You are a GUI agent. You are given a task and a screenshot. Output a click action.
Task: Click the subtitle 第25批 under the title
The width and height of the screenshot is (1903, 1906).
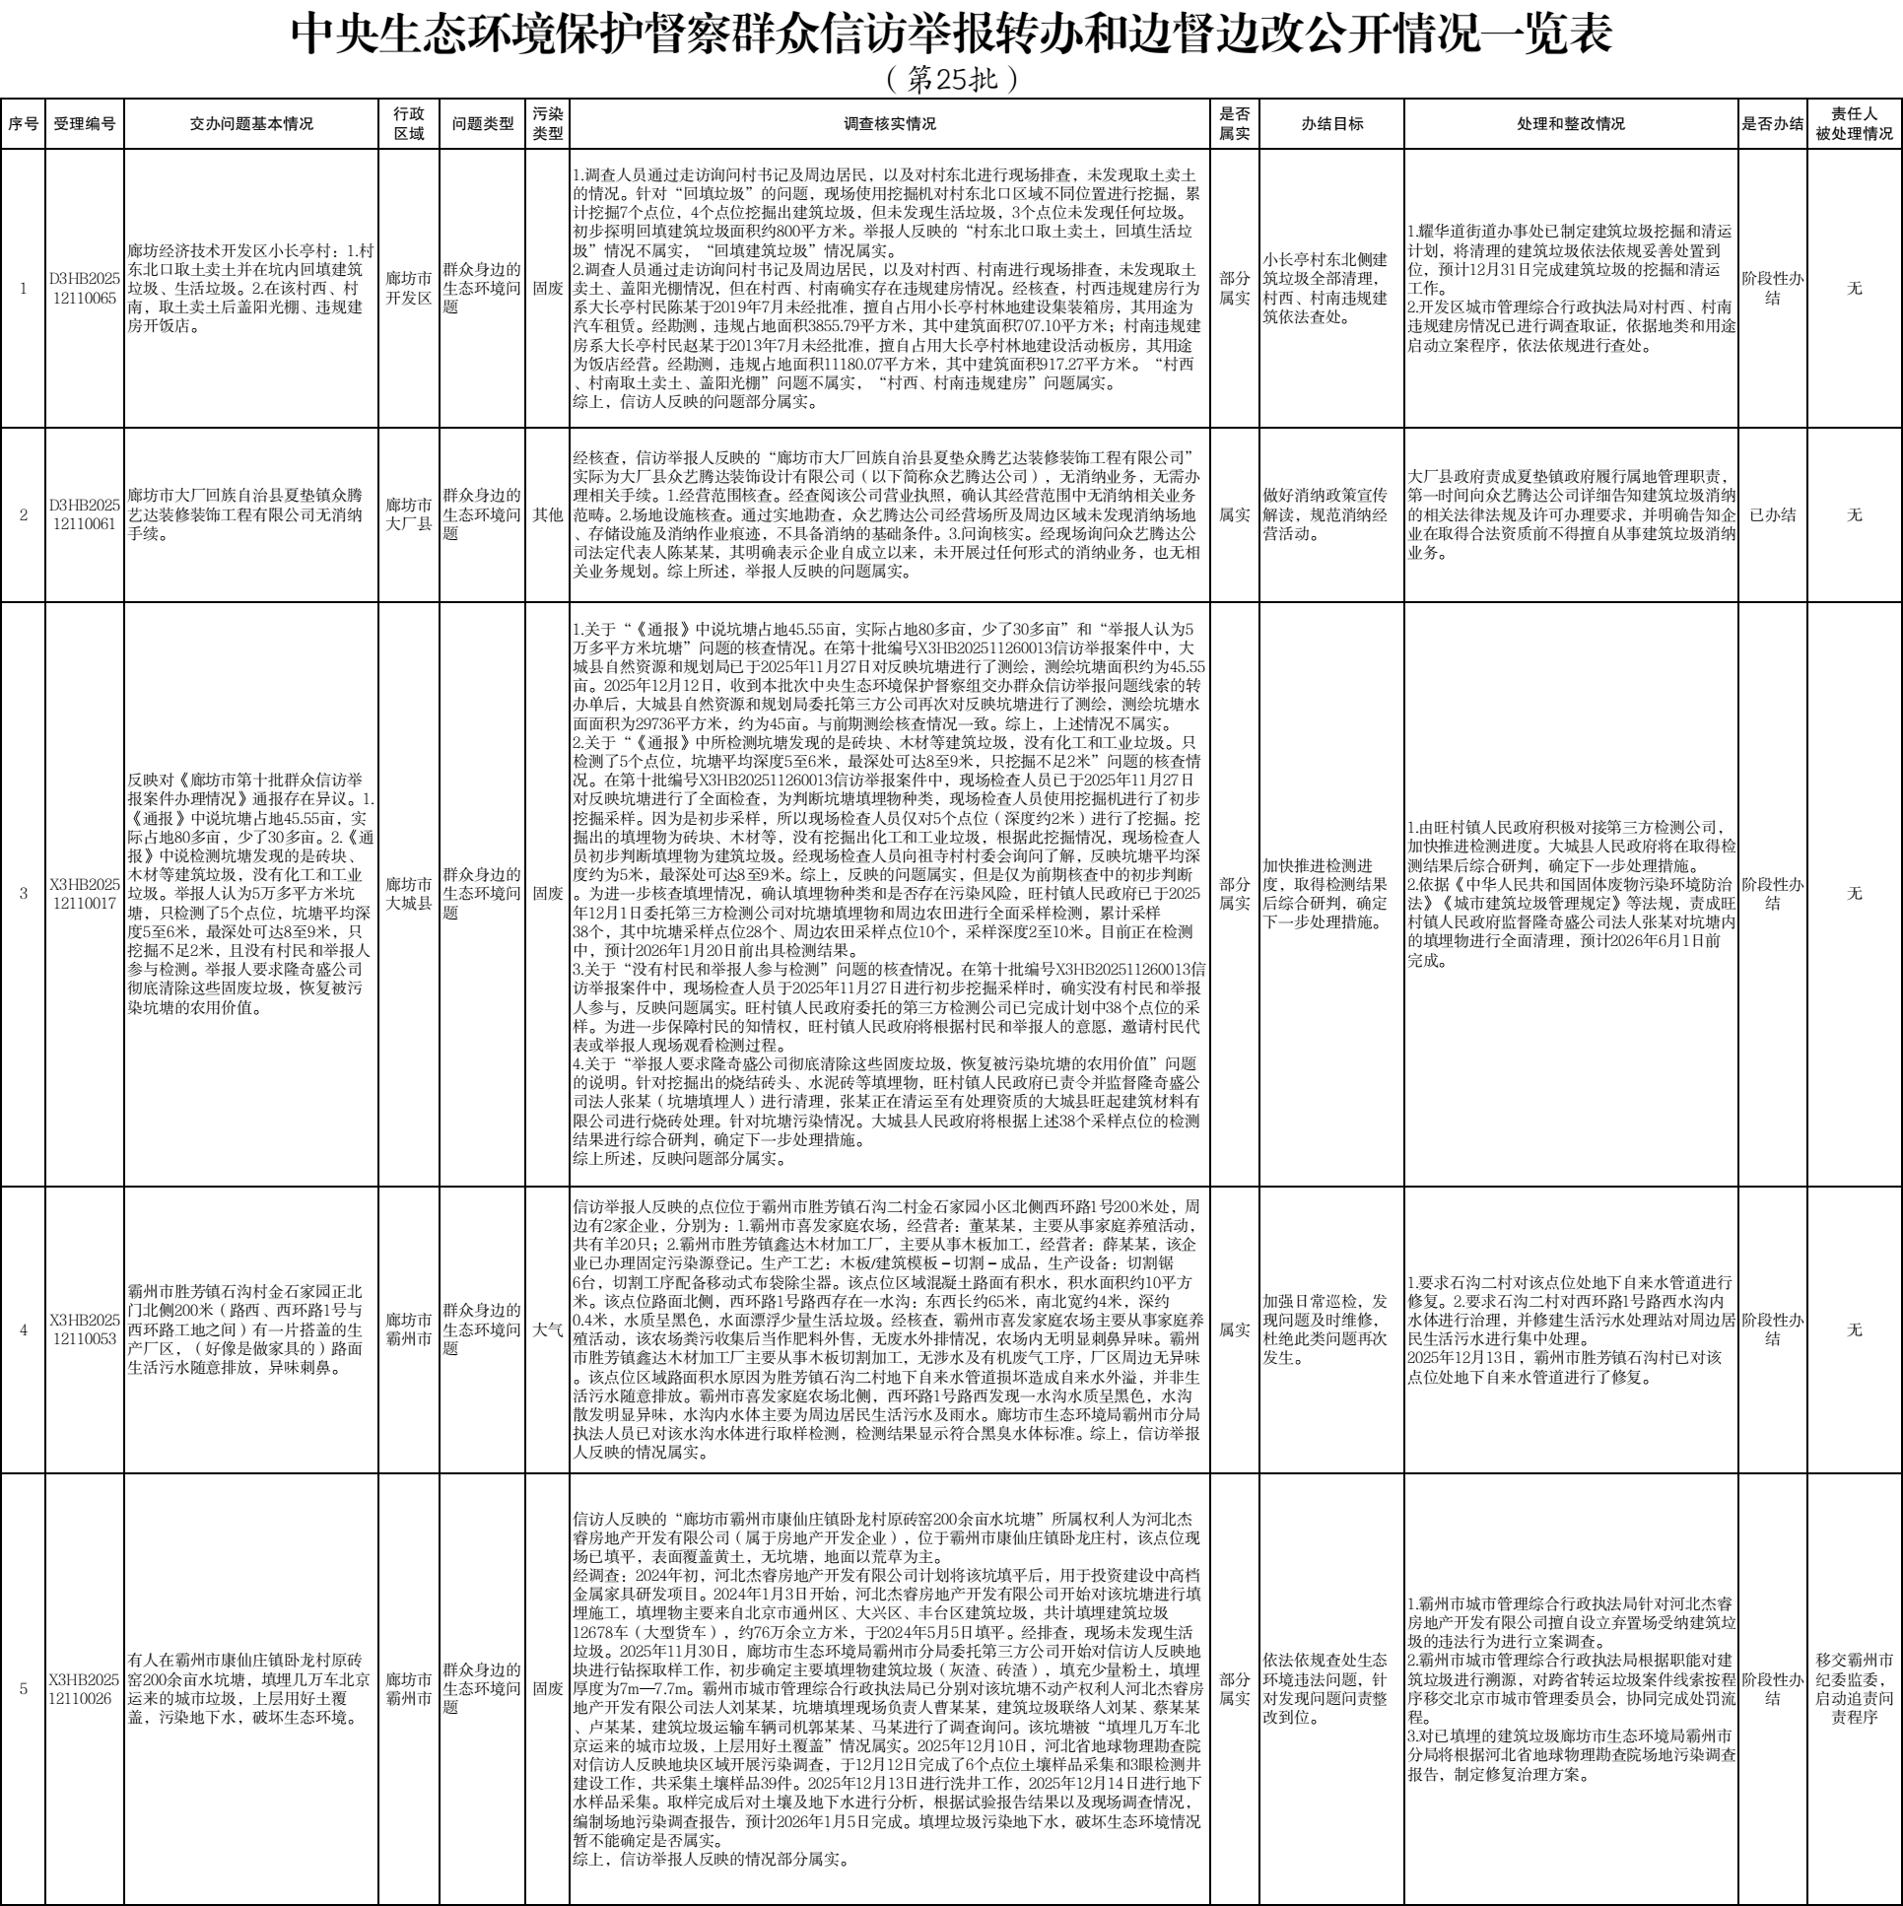click(x=950, y=79)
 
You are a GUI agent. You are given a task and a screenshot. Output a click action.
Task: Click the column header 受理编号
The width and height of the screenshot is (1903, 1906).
click(x=84, y=124)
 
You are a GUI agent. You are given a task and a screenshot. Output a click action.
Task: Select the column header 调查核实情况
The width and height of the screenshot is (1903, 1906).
click(x=889, y=124)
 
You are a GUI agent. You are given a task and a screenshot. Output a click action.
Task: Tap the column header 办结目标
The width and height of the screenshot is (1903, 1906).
click(x=1330, y=124)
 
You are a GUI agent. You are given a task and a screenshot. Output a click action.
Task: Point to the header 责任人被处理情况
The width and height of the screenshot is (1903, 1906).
click(x=1854, y=124)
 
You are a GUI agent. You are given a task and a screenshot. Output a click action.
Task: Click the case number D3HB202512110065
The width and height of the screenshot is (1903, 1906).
click(x=84, y=288)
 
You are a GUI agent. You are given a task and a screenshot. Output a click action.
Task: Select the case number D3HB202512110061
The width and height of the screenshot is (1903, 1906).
click(x=84, y=514)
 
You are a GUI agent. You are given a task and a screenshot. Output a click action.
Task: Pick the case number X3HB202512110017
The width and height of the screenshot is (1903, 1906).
click(x=84, y=893)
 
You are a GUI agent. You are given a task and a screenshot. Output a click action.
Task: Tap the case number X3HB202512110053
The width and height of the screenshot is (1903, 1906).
click(x=84, y=1328)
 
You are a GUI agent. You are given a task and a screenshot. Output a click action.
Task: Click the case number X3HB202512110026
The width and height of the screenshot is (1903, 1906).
click(x=84, y=1688)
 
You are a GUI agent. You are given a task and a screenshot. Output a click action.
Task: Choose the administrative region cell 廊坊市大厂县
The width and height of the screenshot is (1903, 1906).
click(x=408, y=514)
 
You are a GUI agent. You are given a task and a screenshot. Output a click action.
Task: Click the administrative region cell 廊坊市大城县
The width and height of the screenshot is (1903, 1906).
click(x=408, y=893)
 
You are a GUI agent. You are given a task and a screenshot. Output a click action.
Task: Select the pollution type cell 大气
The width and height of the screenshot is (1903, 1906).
click(x=548, y=1328)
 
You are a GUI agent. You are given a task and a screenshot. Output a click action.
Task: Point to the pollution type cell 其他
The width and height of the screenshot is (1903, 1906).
click(x=548, y=514)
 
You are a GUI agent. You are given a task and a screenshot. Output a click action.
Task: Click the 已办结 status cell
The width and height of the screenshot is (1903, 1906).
click(x=1772, y=514)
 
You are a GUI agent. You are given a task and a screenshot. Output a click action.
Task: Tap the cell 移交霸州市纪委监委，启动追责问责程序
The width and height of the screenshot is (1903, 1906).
click(x=1854, y=1688)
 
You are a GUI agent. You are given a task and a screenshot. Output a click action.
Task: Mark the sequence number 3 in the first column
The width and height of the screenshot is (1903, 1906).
click(x=24, y=893)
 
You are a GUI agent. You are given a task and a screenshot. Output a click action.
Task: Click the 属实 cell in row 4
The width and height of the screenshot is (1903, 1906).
click(x=1234, y=1328)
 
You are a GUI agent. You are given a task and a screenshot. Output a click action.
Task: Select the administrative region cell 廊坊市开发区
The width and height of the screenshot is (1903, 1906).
click(x=408, y=288)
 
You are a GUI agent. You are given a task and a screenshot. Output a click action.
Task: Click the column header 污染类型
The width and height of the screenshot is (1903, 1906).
click(x=548, y=124)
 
